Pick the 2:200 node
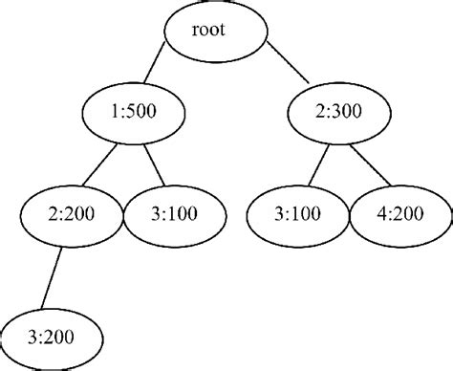tap(67, 212)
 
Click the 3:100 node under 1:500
tap(166, 212)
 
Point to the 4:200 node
tap(398, 212)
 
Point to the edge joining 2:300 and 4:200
tap(369, 164)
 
